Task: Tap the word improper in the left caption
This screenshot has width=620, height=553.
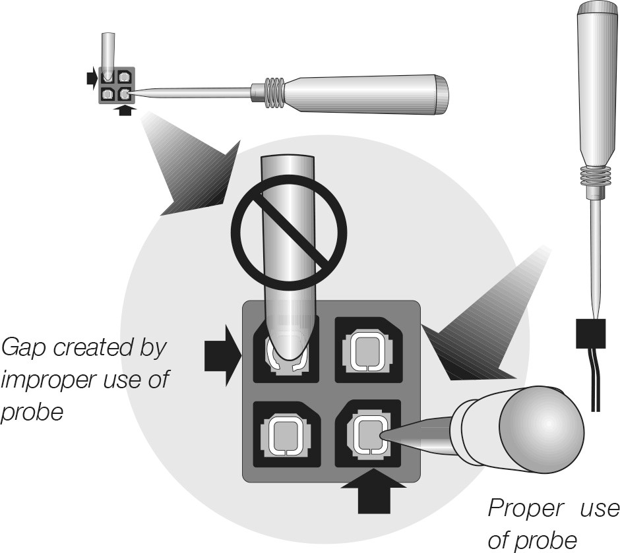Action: pyautogui.click(x=51, y=380)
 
